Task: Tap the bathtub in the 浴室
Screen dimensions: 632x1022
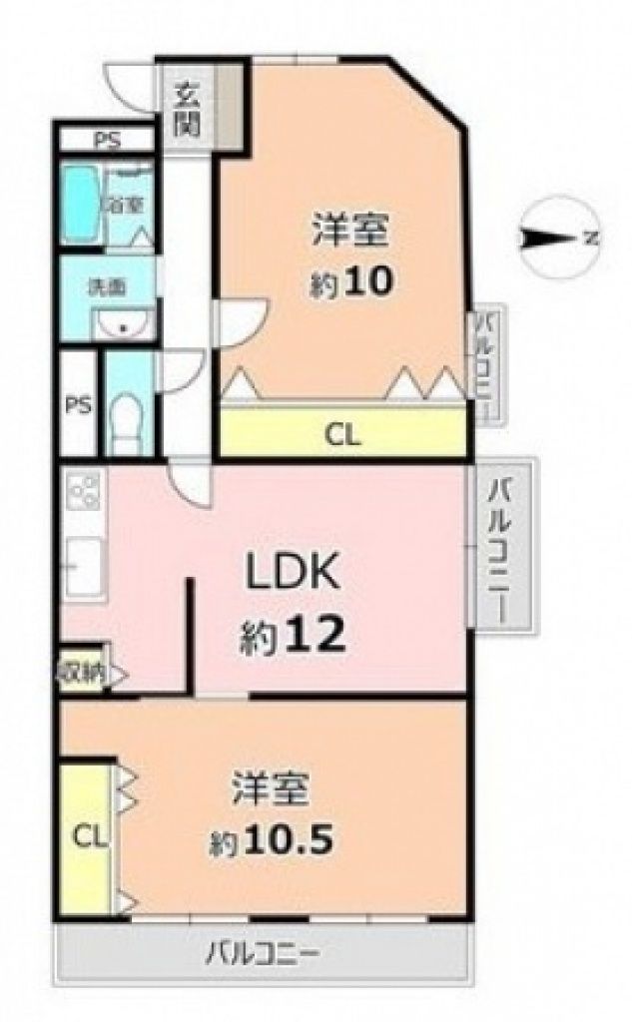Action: tap(81, 204)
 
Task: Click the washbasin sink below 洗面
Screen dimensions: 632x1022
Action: tap(123, 324)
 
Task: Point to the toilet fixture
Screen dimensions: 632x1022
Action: tap(127, 423)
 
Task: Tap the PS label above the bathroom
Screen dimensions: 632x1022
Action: tap(108, 140)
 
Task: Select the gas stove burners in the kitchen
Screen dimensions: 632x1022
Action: tap(83, 491)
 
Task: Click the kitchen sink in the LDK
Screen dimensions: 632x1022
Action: tap(83, 565)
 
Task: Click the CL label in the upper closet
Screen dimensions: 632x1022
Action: tap(343, 435)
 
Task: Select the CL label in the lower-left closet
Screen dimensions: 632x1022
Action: tap(89, 837)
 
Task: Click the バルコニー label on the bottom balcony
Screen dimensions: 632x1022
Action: tap(263, 955)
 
